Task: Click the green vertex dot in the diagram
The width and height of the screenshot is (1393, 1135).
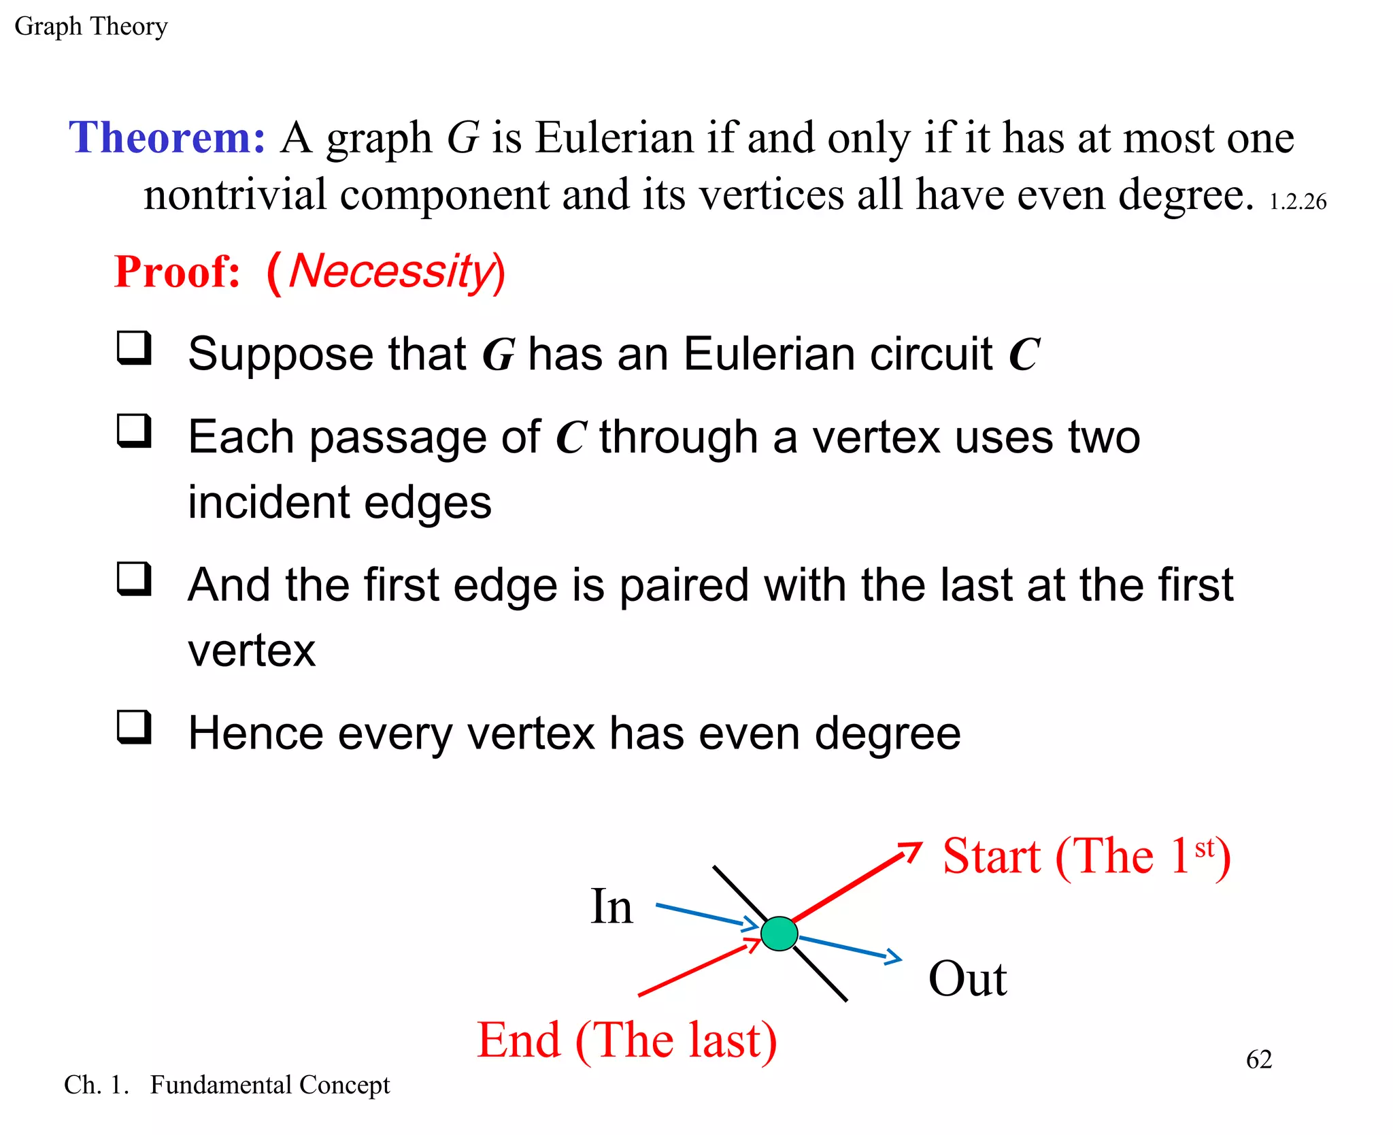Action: [x=779, y=934]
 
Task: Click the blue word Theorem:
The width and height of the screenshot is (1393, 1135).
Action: [x=167, y=137]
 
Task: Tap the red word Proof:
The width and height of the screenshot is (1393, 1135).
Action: [x=178, y=272]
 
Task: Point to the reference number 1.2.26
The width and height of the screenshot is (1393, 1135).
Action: [x=1298, y=201]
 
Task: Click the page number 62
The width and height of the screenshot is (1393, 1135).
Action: [x=1259, y=1059]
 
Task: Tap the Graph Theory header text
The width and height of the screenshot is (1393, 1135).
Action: [x=91, y=27]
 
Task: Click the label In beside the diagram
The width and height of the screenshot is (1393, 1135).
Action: [x=611, y=906]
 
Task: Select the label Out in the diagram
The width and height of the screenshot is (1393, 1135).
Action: [x=967, y=979]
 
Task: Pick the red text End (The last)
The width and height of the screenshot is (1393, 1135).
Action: [x=626, y=1040]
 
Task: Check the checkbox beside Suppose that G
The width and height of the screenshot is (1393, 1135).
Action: [x=134, y=348]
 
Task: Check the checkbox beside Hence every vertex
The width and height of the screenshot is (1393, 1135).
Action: [x=134, y=727]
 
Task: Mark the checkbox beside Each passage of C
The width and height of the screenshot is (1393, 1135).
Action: [x=134, y=431]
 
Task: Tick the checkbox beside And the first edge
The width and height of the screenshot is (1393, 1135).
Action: [x=134, y=579]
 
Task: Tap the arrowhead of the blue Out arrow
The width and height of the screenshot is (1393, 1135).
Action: [x=894, y=957]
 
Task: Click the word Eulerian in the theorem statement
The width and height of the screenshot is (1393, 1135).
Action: [x=614, y=138]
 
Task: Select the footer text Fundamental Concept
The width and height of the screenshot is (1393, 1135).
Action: [x=270, y=1085]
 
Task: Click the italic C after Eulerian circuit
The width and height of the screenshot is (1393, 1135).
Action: [x=1024, y=355]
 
